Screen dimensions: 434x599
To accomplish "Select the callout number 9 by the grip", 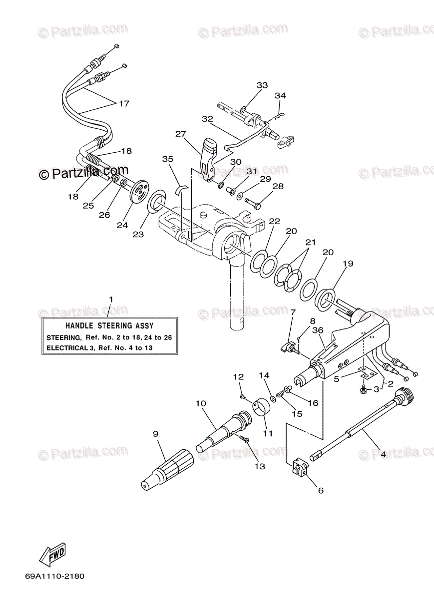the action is point(156,434).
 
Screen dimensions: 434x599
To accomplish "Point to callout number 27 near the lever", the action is point(181,134).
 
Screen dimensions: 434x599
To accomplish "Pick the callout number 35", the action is point(168,159).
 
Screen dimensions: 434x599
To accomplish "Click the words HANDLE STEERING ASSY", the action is point(109,325).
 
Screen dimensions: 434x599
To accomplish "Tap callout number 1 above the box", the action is point(111,299).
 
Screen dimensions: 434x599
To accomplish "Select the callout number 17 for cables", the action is point(124,103).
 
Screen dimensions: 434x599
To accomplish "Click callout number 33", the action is point(262,85).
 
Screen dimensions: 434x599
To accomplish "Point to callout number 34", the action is point(280,95).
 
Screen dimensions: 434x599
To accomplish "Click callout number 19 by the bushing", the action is point(348,264).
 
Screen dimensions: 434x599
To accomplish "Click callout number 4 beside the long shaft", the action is point(384,454).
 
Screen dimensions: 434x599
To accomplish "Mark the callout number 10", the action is point(201,403).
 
